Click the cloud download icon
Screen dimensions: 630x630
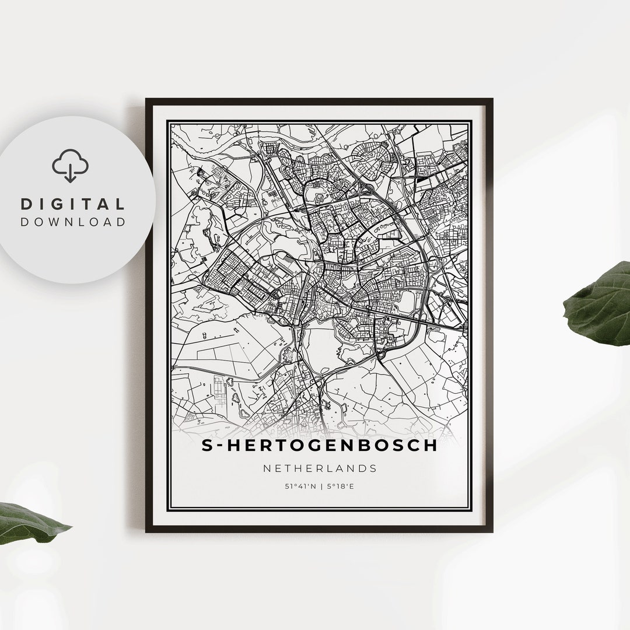point(70,166)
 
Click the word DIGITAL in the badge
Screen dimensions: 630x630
point(73,204)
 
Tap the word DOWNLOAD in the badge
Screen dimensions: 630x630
point(73,222)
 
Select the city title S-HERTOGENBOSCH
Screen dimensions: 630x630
point(319,445)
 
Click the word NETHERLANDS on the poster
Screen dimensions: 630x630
point(320,468)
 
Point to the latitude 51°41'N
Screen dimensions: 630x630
point(300,485)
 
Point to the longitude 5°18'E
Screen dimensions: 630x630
point(339,485)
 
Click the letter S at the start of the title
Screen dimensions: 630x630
point(207,445)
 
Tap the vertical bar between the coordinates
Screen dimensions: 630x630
point(320,485)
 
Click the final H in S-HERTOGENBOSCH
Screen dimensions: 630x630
point(430,445)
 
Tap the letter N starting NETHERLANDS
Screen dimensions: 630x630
point(267,468)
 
